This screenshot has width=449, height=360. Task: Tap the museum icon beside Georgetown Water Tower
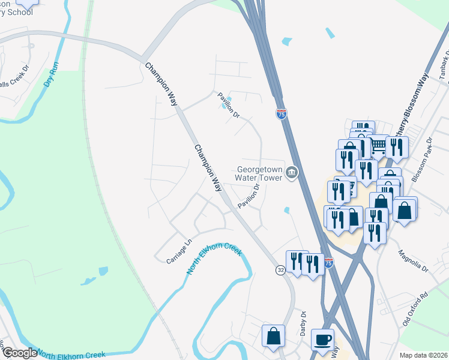pos(292,173)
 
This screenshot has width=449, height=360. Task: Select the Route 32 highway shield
pos(280,271)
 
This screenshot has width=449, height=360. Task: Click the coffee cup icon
pos(323,338)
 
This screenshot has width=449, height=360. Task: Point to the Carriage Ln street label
pos(178,251)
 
